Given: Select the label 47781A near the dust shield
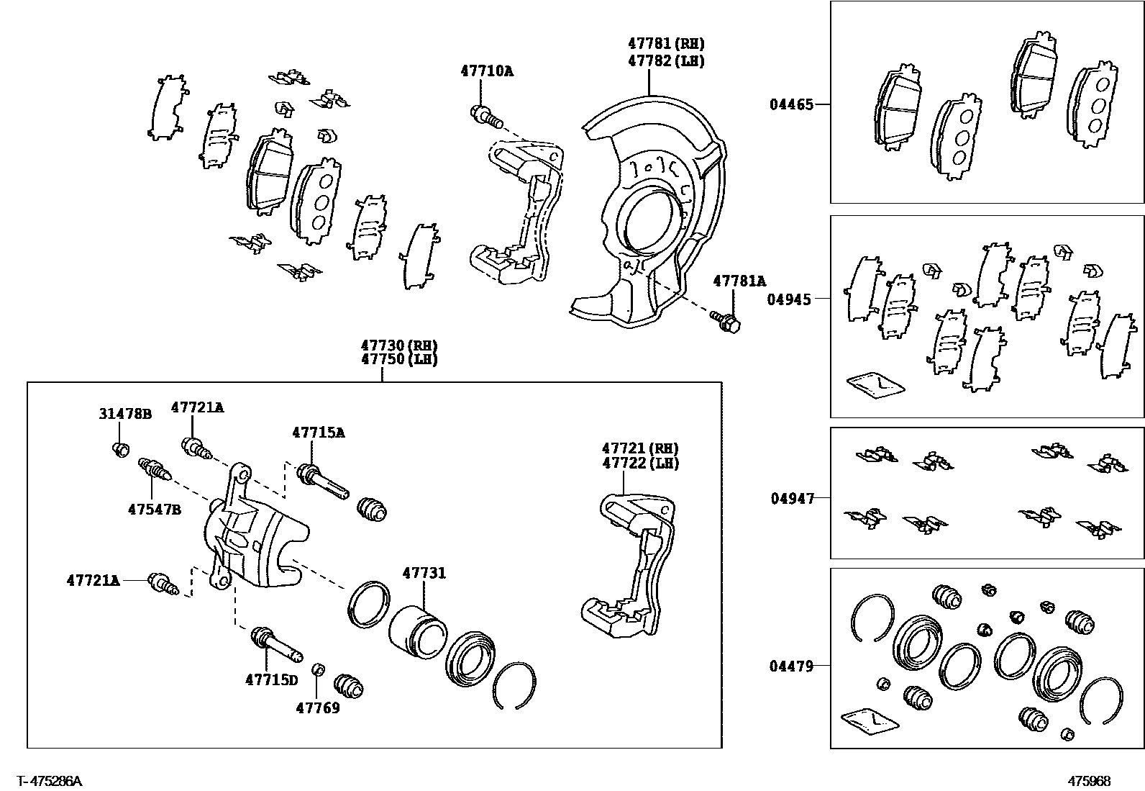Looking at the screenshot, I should tap(739, 281).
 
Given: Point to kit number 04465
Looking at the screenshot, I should tap(791, 104).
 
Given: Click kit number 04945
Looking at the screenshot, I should tap(788, 299).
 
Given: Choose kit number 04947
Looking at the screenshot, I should tap(793, 498).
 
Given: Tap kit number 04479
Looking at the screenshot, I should tap(791, 666).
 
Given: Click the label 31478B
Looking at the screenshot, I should tap(125, 414).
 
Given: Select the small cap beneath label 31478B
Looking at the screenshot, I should tap(121, 450).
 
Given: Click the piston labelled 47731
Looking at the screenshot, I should tap(417, 626).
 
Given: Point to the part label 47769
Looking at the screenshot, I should tap(317, 708).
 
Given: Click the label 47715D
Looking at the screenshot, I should tap(271, 679).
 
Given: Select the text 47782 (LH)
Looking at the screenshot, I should tap(665, 61).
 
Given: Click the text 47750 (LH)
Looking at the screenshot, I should tap(399, 360).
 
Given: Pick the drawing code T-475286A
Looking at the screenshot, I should tap(50, 781).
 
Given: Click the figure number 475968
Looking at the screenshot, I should tap(1089, 781).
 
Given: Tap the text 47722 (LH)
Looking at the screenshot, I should tap(640, 464).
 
